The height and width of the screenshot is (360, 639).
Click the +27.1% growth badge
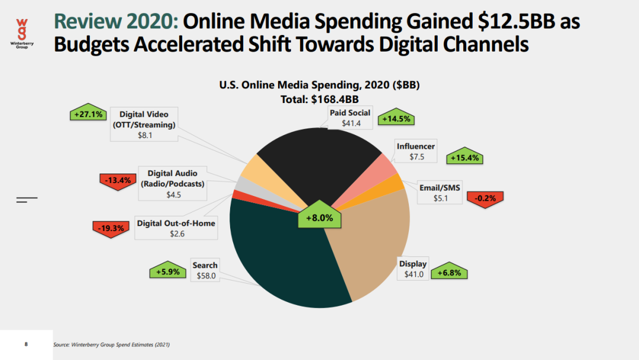click(x=86, y=114)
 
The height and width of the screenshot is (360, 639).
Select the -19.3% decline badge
click(x=110, y=227)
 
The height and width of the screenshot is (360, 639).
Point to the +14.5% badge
click(x=396, y=118)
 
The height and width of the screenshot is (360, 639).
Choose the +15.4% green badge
click(x=466, y=158)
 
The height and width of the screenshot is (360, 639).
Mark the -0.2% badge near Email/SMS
click(x=485, y=198)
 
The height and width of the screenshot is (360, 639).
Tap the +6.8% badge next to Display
click(x=449, y=273)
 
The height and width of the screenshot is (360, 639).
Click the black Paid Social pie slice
click(x=314, y=154)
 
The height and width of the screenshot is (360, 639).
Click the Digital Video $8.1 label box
click(x=144, y=124)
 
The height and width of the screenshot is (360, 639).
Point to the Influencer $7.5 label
click(x=415, y=152)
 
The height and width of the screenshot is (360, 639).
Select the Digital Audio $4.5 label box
click(x=172, y=184)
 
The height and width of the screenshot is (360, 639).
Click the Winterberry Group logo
click(x=21, y=33)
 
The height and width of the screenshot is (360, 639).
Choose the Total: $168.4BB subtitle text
click(x=319, y=99)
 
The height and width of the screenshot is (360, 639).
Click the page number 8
click(x=26, y=343)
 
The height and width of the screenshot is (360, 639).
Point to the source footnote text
click(x=115, y=344)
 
